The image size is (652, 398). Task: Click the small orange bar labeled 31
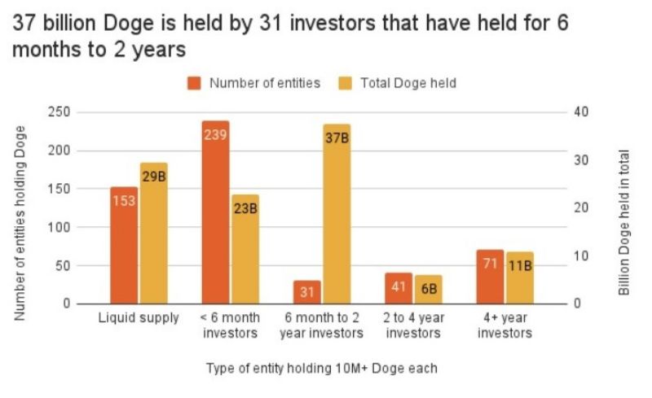click(307, 292)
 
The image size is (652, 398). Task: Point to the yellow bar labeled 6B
click(428, 289)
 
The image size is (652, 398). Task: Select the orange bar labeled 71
click(490, 277)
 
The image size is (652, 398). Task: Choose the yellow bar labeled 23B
click(245, 249)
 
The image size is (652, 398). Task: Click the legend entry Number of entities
click(253, 83)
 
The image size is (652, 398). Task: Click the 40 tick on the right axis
click(579, 112)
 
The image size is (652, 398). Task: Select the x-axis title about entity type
click(322, 369)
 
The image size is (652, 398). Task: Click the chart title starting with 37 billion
click(289, 36)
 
